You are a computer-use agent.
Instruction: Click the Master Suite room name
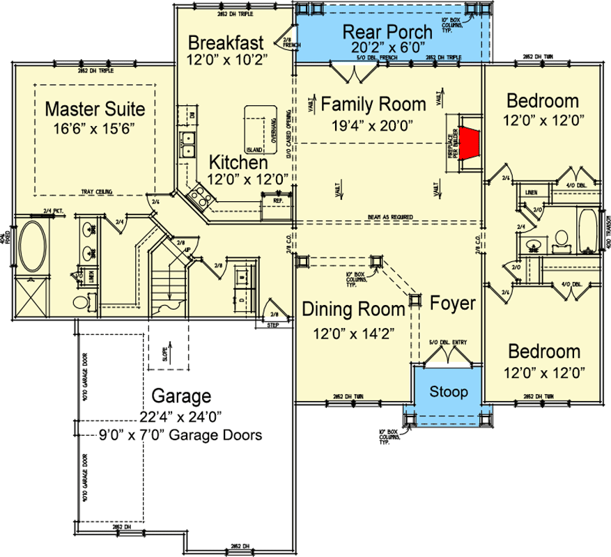coord(95,109)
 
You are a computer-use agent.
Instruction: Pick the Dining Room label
coord(344,309)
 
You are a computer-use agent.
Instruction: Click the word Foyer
coord(452,304)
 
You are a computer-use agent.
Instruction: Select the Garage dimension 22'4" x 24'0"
coord(180,417)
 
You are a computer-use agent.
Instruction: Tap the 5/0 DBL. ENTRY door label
coord(446,341)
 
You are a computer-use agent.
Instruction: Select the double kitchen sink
coord(187,145)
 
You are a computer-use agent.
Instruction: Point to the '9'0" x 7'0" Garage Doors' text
coord(180,437)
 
